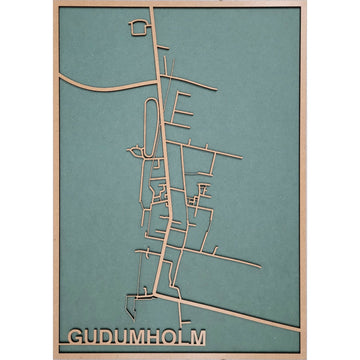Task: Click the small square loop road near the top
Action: [x=137, y=29]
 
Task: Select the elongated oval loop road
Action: [x=151, y=127]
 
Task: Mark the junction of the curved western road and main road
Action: [x=159, y=86]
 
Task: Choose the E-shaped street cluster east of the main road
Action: [x=186, y=110]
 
